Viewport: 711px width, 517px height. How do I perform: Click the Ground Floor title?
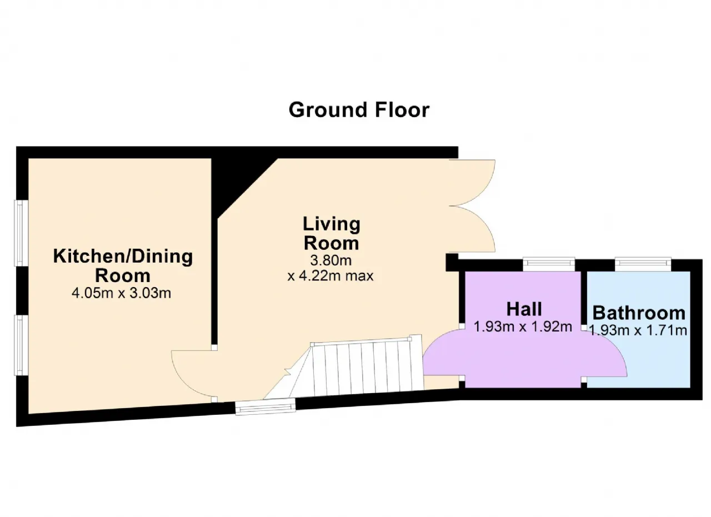pyautogui.click(x=359, y=110)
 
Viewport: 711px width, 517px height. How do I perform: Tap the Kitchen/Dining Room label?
pyautogui.click(x=123, y=265)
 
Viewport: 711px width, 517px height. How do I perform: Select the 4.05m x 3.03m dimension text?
pyautogui.click(x=121, y=293)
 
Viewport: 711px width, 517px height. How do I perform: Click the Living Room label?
pyautogui.click(x=332, y=233)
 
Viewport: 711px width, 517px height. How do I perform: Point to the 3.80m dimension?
pyautogui.click(x=331, y=260)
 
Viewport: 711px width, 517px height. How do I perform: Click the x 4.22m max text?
pyautogui.click(x=331, y=276)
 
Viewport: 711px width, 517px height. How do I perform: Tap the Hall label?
pyautogui.click(x=524, y=309)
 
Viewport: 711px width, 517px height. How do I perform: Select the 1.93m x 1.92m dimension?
pyautogui.click(x=523, y=327)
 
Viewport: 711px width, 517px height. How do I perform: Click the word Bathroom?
pyautogui.click(x=639, y=313)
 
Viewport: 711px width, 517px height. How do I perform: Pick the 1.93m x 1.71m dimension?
pyautogui.click(x=638, y=330)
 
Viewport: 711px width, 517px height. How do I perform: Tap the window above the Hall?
pyautogui.click(x=549, y=264)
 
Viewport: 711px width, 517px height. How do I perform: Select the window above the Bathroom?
pyautogui.click(x=643, y=264)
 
